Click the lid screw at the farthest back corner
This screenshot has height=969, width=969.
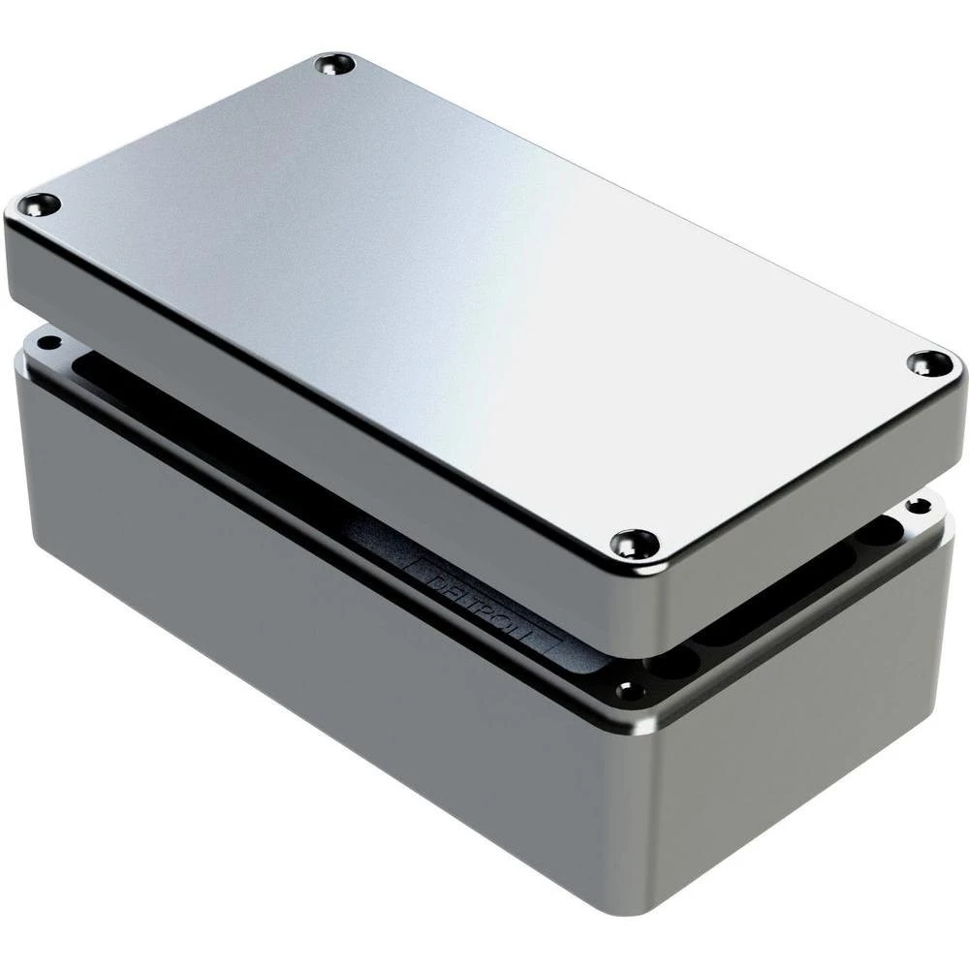tap(335, 65)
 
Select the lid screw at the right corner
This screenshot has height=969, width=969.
tap(929, 363)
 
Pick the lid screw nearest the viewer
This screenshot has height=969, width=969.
tap(635, 544)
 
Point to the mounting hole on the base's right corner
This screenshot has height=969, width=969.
tap(917, 505)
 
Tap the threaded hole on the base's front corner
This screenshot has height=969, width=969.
tap(630, 691)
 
